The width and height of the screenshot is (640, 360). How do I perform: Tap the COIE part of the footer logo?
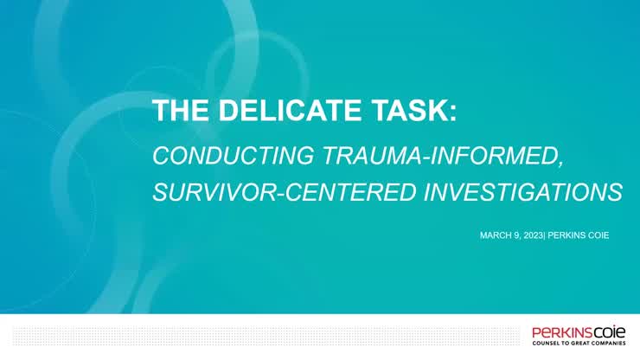coord(609,331)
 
